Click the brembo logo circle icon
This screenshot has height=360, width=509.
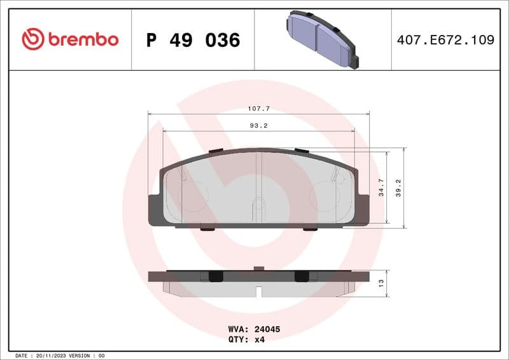click(32, 39)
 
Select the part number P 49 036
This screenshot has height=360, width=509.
click(193, 40)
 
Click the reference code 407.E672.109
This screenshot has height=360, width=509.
click(445, 40)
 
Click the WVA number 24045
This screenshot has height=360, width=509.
click(267, 329)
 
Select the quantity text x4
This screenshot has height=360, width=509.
click(259, 340)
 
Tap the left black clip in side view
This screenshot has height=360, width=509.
click(214, 276)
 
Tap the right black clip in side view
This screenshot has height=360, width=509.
click(301, 276)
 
